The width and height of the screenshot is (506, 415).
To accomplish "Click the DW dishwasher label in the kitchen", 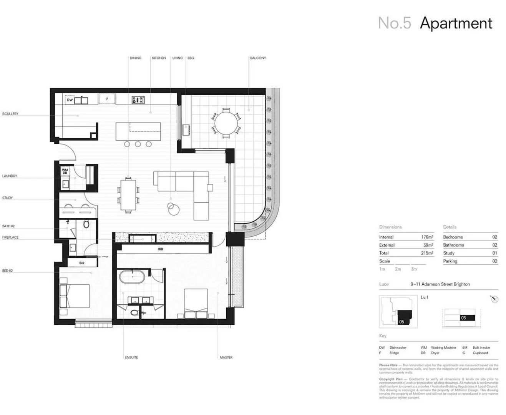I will tap(70, 100).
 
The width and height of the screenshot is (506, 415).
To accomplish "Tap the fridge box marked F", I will tap(107, 99).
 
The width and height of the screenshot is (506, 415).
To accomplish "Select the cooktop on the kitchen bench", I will tap(138, 100).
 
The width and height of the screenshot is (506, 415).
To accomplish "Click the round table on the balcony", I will tap(226, 123).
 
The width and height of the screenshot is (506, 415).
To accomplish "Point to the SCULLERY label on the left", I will tap(10, 114).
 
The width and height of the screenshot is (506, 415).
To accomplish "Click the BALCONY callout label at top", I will tap(258, 58).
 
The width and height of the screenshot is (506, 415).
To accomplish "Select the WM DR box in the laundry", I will tap(65, 171).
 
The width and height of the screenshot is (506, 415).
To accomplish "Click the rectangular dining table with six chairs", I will tap(128, 194).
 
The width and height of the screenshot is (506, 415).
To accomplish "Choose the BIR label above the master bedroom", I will tap(161, 249).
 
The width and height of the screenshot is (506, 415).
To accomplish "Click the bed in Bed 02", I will tap(75, 296).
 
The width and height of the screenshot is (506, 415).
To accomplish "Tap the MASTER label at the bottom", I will tap(226, 357).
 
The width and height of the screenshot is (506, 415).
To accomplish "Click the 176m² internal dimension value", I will tap(427, 237).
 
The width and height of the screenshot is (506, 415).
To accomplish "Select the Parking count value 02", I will tap(494, 261).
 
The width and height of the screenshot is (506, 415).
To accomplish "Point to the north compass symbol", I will tap(494, 299).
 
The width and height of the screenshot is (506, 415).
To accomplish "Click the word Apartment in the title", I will tap(456, 23).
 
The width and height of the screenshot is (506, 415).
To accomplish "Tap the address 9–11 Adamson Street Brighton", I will tap(440, 284).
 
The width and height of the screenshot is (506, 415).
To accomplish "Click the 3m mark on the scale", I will tap(414, 269).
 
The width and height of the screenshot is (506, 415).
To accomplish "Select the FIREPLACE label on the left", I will tap(10, 237).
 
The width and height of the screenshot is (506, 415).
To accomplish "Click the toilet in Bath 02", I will tap(86, 224).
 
